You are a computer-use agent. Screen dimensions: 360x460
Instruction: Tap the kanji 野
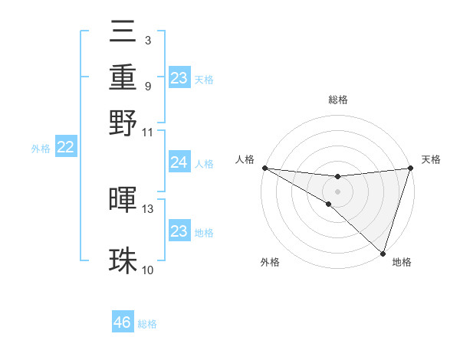pyautogui.click(x=123, y=121)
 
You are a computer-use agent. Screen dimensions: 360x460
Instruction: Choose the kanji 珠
pyautogui.click(x=123, y=260)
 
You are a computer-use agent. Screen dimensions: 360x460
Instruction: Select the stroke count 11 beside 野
pyautogui.click(x=148, y=132)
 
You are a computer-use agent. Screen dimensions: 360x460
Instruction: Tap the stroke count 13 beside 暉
pyautogui.click(x=148, y=208)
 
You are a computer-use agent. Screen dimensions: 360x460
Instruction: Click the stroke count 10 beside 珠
pyautogui.click(x=148, y=270)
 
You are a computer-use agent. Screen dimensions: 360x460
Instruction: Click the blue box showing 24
pyautogui.click(x=179, y=162)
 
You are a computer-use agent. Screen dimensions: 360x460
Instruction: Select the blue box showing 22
pyautogui.click(x=65, y=148)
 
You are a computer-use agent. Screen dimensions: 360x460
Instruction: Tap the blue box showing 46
pyautogui.click(x=123, y=322)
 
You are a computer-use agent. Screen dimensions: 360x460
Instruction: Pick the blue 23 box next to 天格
pyautogui.click(x=179, y=78)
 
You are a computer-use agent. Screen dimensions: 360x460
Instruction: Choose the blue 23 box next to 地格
pyautogui.click(x=179, y=231)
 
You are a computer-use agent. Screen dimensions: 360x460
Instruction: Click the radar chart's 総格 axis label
pyautogui.click(x=337, y=100)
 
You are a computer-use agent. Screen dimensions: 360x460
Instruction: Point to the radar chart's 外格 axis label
pyautogui.click(x=269, y=262)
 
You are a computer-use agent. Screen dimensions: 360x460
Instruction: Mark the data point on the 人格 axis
pyautogui.click(x=264, y=168)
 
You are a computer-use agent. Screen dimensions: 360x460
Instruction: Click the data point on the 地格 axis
pyautogui.click(x=383, y=253)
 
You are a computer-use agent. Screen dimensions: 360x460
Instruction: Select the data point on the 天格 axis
pyautogui.click(x=410, y=168)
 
